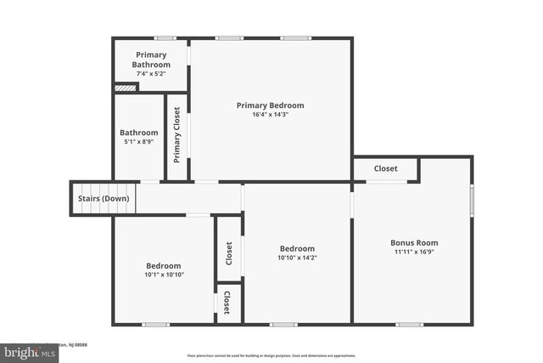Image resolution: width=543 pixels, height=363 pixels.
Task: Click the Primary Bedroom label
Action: (x=270, y=105)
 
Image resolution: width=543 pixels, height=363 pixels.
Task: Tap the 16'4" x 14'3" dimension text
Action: (x=270, y=115)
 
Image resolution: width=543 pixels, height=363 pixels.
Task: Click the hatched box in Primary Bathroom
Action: (x=125, y=87)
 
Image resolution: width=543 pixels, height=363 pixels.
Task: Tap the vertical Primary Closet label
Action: (x=176, y=134)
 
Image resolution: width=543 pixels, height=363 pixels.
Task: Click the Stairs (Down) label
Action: (x=104, y=199)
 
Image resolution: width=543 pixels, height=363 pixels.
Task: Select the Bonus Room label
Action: (x=414, y=242)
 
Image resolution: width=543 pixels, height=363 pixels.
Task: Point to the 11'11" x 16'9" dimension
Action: (x=414, y=252)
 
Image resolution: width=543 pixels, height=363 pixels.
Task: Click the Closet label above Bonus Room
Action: (x=386, y=168)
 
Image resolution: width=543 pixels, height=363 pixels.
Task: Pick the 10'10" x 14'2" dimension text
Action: (x=297, y=258)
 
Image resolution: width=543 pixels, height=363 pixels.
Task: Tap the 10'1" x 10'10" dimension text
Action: (x=164, y=274)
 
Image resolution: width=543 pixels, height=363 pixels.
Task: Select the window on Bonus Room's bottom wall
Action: (x=409, y=324)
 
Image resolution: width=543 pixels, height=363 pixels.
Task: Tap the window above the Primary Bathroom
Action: (x=165, y=37)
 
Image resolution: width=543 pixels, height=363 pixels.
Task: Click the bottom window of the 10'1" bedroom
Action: (x=155, y=324)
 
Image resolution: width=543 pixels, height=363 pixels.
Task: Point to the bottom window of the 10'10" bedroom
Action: (x=283, y=324)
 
